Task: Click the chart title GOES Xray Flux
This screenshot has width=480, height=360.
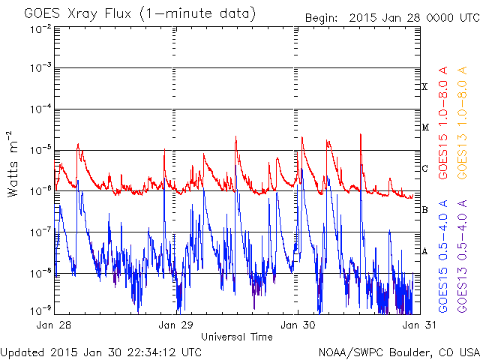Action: [77, 14]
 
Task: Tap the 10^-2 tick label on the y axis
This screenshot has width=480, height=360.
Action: [41, 30]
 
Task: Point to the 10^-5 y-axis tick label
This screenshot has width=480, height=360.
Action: [41, 150]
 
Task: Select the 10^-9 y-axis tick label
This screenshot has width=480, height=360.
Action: [41, 310]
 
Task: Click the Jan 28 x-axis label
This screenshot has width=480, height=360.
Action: [53, 325]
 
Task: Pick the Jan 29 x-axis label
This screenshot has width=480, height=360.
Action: [175, 325]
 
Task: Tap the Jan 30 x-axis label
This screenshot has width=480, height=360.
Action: [298, 325]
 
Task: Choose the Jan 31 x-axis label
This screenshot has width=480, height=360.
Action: [419, 325]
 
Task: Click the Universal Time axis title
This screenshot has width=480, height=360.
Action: [237, 337]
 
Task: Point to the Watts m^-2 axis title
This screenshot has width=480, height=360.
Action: [12, 163]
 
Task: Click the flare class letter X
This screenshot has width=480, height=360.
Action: [424, 87]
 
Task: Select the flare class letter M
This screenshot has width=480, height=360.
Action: [425, 127]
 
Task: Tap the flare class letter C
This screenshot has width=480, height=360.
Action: [424, 168]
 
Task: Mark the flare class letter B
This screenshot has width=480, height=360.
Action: [424, 210]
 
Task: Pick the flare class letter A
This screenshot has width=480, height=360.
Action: [424, 251]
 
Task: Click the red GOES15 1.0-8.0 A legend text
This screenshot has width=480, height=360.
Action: [443, 123]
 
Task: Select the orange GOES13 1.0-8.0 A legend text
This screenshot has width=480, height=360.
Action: [462, 123]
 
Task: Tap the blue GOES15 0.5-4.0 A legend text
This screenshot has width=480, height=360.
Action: [443, 256]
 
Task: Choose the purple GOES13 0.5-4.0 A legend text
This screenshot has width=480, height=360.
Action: [462, 256]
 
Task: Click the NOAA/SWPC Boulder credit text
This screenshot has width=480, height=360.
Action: [399, 352]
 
